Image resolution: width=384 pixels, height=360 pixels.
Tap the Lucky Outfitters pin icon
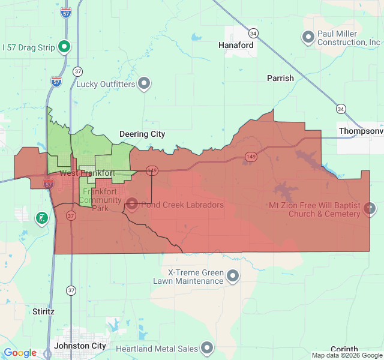144,84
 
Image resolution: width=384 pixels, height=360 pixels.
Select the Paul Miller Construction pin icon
308,37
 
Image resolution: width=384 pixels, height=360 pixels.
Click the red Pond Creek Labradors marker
131,205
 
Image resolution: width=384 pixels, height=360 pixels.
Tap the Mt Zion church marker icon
370,209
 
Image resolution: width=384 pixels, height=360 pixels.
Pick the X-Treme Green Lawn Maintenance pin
233,276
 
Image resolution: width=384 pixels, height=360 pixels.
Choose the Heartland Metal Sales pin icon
207,348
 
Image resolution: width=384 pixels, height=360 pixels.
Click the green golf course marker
42,218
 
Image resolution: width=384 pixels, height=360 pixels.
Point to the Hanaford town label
236,45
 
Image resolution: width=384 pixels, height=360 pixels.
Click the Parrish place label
280,78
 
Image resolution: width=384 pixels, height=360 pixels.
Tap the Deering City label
142,134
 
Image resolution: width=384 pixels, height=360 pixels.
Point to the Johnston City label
80,346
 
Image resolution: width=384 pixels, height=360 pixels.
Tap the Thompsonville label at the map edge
361,131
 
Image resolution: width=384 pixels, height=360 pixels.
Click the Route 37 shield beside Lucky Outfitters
77,71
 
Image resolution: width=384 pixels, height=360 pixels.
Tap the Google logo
20,353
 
